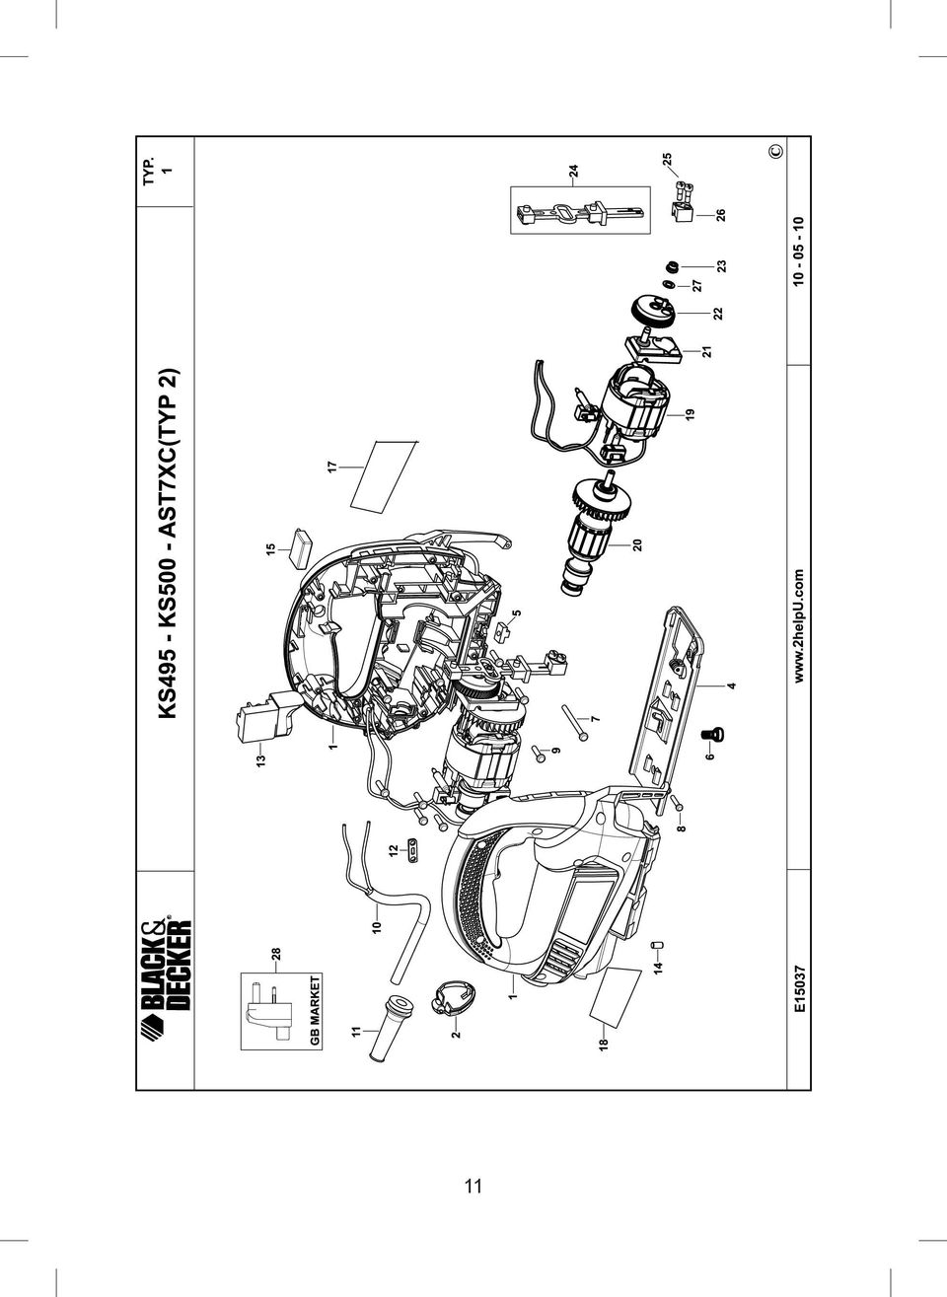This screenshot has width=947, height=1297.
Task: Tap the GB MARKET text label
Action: coord(315,1010)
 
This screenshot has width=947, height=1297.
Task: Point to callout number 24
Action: coord(573,171)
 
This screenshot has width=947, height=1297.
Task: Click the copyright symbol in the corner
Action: coord(776,151)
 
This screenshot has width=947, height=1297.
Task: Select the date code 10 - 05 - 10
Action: coord(799,251)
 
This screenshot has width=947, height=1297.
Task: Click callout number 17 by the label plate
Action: coord(331,467)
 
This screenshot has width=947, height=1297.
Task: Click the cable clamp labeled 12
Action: coord(413,850)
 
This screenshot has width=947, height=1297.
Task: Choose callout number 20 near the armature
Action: coord(637,544)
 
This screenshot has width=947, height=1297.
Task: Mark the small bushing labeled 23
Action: coord(673,267)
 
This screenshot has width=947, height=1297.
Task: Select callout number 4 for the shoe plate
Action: coord(732,685)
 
